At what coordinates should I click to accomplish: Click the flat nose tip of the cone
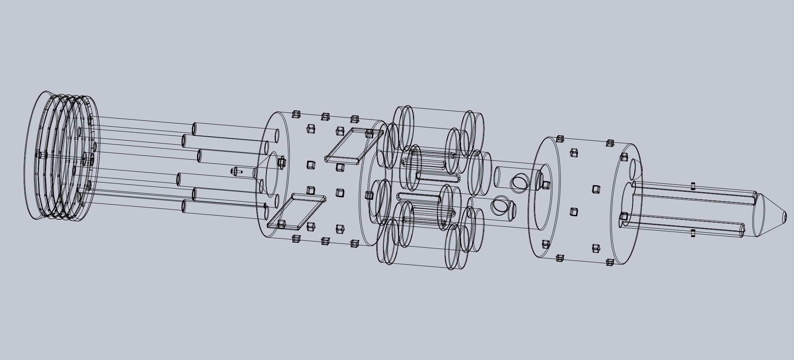(x=784, y=216)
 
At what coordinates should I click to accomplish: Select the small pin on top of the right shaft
(x=693, y=186)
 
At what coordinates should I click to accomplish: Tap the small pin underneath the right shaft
(x=693, y=233)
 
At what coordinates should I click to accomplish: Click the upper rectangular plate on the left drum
(x=353, y=145)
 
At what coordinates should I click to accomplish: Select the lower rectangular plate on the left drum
(x=296, y=212)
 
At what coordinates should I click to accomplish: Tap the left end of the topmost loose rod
(x=194, y=129)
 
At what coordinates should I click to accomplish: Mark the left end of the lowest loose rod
(x=184, y=206)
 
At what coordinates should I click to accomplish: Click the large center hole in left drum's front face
(x=271, y=176)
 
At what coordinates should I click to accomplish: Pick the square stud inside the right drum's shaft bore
(x=624, y=216)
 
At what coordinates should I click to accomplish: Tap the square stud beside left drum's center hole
(x=281, y=161)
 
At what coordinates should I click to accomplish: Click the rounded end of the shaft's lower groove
(x=742, y=228)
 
